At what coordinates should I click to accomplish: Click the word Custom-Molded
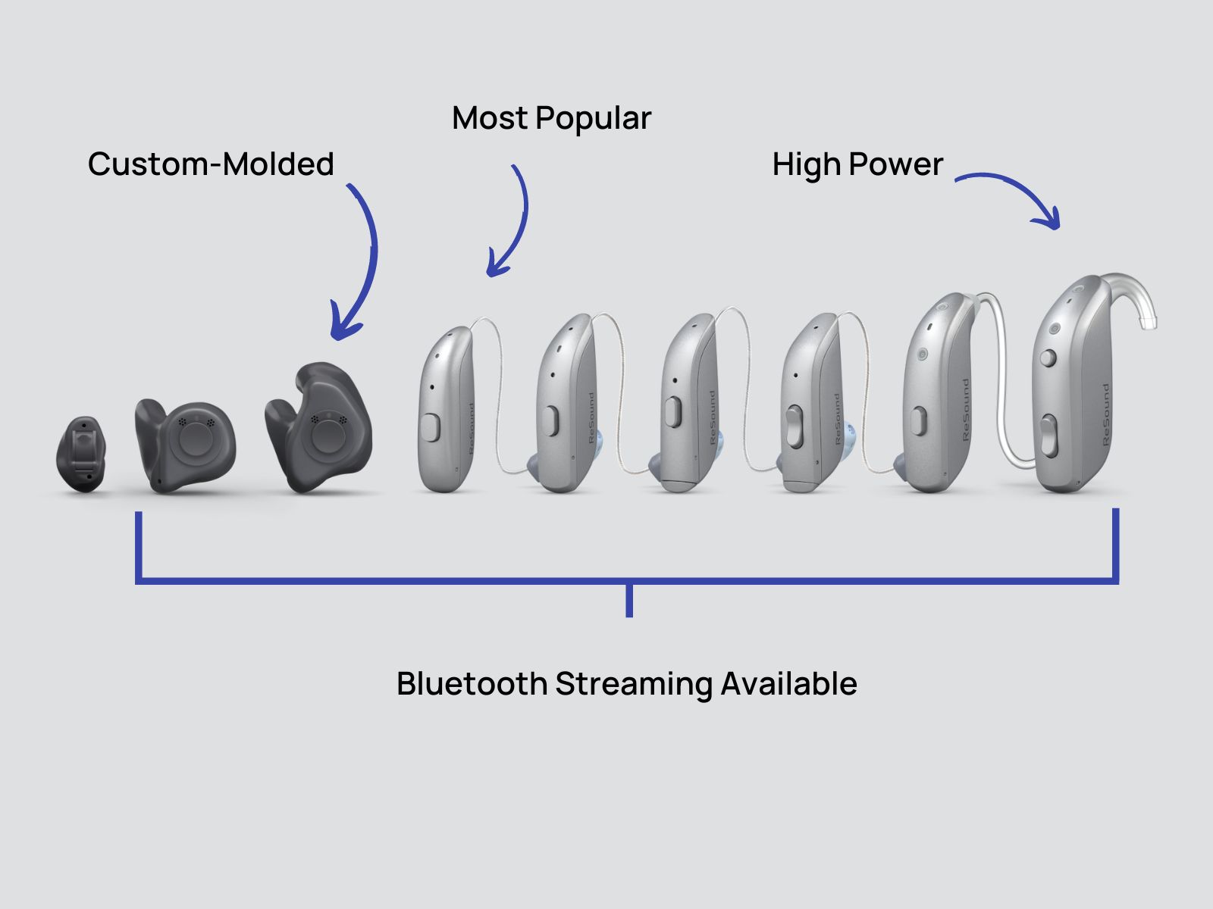211,164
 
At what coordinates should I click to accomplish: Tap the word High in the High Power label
806,164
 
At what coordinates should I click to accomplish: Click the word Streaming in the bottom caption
633,683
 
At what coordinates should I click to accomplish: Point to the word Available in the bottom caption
788,683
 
